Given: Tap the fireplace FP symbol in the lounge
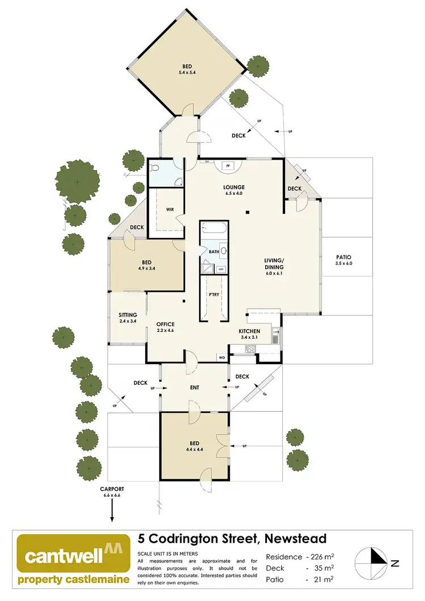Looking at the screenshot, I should pos(228,165).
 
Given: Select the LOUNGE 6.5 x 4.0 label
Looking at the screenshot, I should pos(233,190).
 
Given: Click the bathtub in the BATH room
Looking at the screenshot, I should pos(214,230).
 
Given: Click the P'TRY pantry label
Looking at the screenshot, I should pos(214,295).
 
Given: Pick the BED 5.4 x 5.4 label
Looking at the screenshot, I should pos(186,69).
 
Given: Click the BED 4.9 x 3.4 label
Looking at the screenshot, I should pos(146,265).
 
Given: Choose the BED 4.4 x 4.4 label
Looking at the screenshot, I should pos(194,444).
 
